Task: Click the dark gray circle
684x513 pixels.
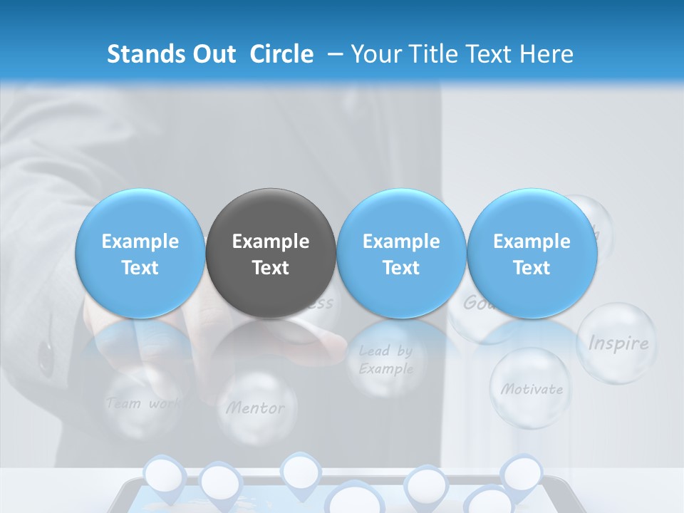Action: (x=271, y=253)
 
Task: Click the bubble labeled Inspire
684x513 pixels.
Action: (x=617, y=343)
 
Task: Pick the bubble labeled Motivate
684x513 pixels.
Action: (x=530, y=388)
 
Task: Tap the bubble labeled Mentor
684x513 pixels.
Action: (x=255, y=408)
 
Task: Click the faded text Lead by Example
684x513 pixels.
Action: (x=385, y=360)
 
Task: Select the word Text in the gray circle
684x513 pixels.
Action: (x=271, y=268)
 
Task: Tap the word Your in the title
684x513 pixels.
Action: (x=374, y=54)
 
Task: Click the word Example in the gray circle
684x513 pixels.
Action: (x=271, y=242)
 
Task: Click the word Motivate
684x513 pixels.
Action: (x=532, y=389)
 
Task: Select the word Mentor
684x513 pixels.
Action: (x=255, y=408)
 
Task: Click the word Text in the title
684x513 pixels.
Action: (x=488, y=54)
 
